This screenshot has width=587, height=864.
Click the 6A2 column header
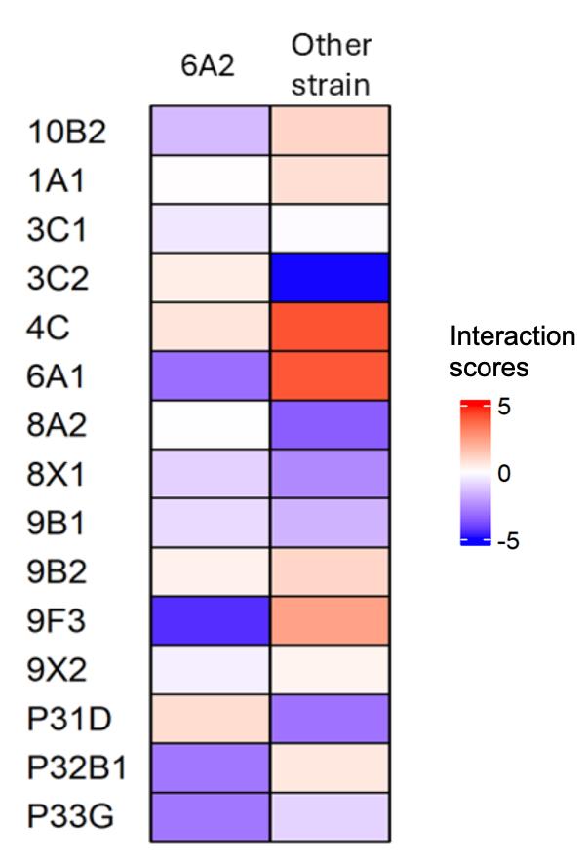[210, 65]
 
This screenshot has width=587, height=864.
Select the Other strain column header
[331, 65]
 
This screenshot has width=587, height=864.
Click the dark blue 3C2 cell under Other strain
[330, 278]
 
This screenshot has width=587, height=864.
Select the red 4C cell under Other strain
[330, 327]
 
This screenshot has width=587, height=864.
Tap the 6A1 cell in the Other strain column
[330, 375]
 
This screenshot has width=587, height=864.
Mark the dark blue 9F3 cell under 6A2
[210, 620]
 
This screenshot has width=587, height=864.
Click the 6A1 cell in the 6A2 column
[210, 375]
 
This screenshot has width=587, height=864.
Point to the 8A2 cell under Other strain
[330, 424]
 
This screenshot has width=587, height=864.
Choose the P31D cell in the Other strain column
[330, 719]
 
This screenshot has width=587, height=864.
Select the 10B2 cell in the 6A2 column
[210, 131]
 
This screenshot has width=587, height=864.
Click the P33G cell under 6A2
[210, 816]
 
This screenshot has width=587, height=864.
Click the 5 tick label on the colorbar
[505, 407]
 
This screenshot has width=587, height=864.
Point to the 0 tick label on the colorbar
[504, 474]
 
